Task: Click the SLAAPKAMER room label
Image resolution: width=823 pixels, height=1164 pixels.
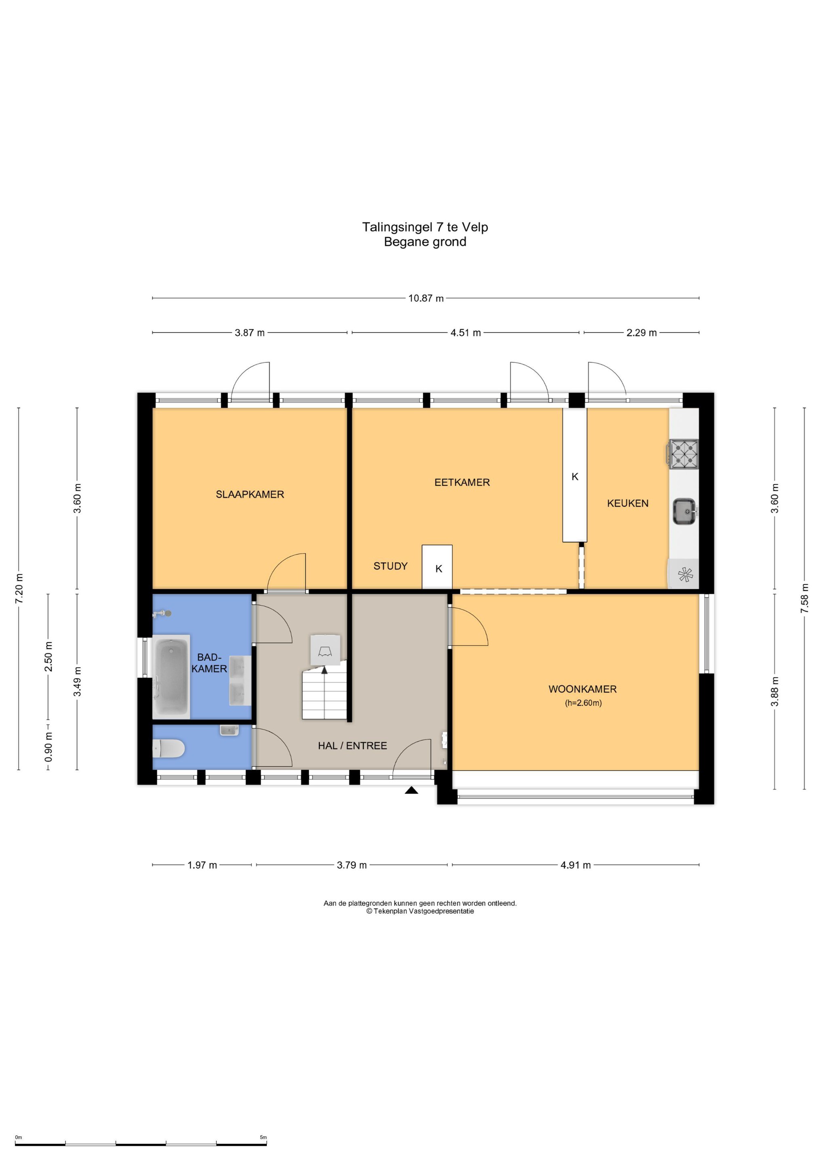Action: [x=250, y=494]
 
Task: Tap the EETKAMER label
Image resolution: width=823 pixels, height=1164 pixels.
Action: [x=462, y=482]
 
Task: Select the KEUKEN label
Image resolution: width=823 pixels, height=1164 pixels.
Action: [x=628, y=504]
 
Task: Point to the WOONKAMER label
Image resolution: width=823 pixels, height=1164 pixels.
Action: [x=582, y=689]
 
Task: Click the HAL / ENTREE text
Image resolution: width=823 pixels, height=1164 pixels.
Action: [x=352, y=745]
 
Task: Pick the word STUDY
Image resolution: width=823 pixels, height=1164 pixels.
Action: [x=390, y=566]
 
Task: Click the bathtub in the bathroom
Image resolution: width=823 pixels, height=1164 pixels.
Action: [x=171, y=676]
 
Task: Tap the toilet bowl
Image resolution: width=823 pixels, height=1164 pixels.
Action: [x=169, y=748]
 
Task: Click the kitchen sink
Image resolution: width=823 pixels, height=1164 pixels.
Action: [x=685, y=512]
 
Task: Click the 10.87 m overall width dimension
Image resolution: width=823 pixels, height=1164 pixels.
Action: [x=426, y=298]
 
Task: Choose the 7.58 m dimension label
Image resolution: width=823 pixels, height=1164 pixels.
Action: [x=805, y=598]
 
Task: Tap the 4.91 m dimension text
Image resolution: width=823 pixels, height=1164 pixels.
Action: [x=576, y=865]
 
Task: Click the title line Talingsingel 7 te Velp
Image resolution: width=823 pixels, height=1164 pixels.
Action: [x=425, y=227]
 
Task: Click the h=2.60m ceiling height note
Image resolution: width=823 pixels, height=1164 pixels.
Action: [x=583, y=703]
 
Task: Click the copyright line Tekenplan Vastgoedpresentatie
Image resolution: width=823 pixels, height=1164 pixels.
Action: [x=420, y=911]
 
